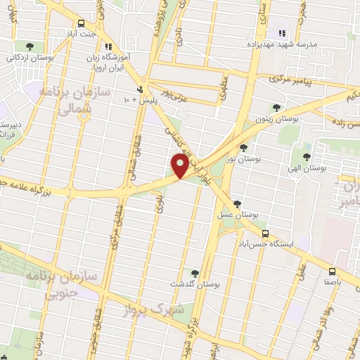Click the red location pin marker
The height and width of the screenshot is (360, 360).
(x=180, y=166)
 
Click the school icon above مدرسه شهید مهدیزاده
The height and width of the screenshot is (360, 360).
(x=283, y=32)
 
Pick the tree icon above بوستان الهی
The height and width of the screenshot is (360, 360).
(x=306, y=156)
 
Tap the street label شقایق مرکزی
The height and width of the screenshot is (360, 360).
(x=112, y=231)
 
